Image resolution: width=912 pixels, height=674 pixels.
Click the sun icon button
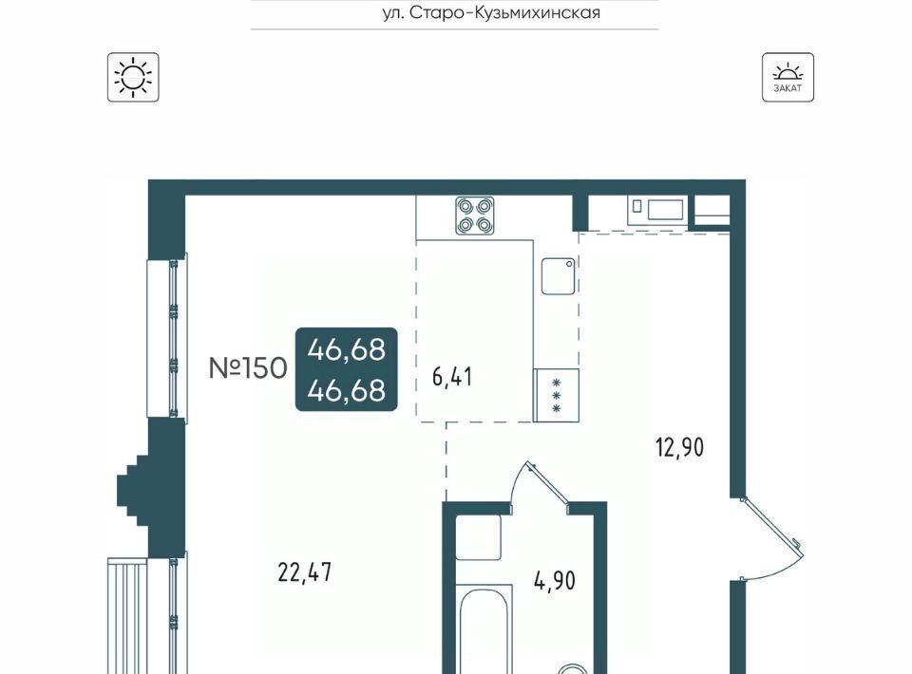133,77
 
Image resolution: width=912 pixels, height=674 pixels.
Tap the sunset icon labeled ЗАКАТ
788,77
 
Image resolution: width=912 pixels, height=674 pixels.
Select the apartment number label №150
248,367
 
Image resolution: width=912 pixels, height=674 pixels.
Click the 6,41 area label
452,377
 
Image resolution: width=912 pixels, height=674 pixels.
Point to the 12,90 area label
679,448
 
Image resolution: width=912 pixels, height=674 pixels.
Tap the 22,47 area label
305,573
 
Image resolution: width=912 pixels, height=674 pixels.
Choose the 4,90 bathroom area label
555,580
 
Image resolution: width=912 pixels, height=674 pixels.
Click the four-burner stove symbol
475,215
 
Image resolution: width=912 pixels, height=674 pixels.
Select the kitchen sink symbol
559,276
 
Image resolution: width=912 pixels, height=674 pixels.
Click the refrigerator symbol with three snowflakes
556,395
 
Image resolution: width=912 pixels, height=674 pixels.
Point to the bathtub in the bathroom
484,630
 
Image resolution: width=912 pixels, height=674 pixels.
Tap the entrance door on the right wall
771,538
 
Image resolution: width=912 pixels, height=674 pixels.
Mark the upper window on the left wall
167,338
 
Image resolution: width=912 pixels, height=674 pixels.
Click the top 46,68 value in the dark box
347,349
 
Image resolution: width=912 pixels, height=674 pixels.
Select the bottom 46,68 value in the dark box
347,390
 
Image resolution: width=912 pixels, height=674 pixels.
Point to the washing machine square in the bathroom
479,537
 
